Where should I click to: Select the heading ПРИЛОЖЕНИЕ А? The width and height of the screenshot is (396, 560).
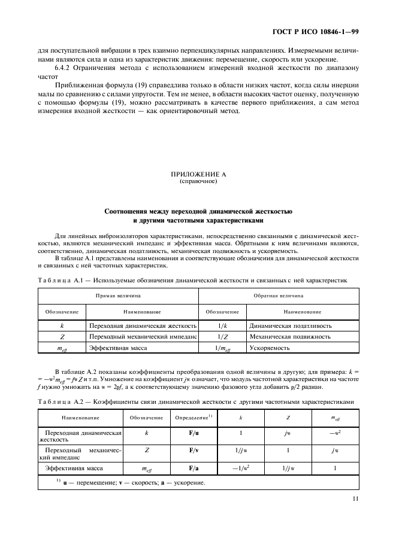[x=198, y=175]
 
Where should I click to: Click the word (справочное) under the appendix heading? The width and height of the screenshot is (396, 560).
[x=198, y=182]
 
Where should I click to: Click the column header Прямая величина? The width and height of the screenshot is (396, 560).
[x=118, y=295]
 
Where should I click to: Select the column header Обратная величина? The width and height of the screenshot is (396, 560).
[x=279, y=295]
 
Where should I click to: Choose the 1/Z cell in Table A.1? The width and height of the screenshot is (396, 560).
[x=222, y=336]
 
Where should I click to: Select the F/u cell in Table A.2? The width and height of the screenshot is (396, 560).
[x=194, y=431]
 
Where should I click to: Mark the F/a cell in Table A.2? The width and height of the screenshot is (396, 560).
[x=194, y=468]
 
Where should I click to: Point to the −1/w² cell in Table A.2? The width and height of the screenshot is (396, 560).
[x=240, y=468]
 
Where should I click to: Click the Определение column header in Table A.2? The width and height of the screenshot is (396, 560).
[x=192, y=416]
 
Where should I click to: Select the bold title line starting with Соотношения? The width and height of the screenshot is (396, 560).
[x=198, y=212]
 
